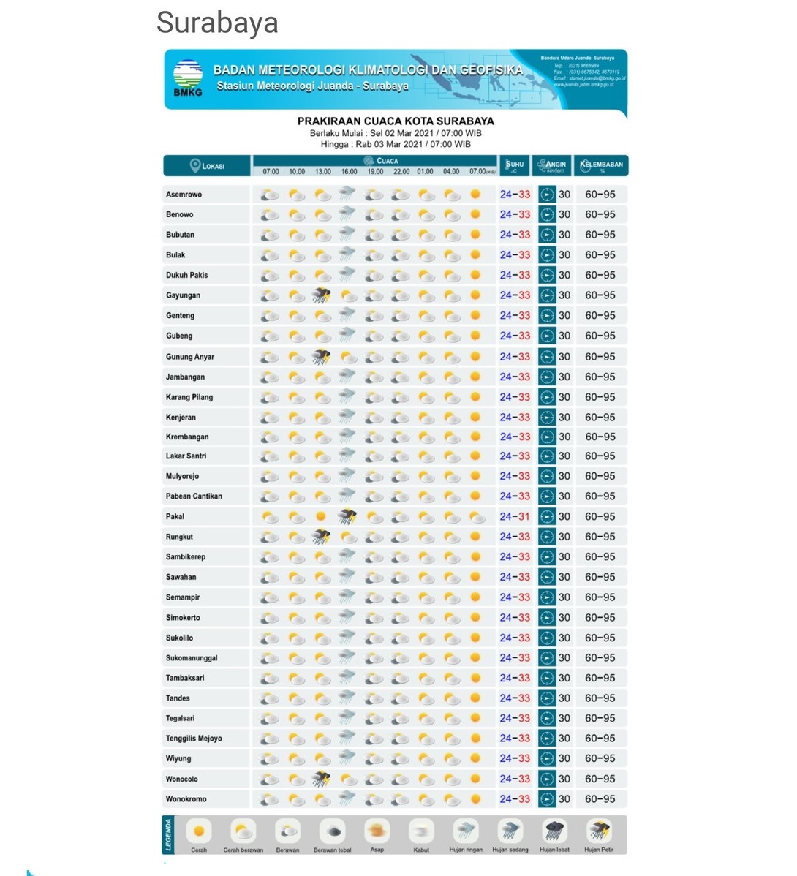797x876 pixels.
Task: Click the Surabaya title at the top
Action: click(217, 23)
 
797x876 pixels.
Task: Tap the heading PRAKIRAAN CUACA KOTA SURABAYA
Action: click(396, 121)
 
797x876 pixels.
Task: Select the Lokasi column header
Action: click(207, 166)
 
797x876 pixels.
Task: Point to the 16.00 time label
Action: click(349, 172)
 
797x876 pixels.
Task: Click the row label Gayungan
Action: click(183, 295)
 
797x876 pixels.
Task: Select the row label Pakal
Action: click(175, 516)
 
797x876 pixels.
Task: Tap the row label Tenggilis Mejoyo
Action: click(194, 739)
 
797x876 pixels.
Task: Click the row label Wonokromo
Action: click(186, 799)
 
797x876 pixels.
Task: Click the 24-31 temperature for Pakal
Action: click(515, 516)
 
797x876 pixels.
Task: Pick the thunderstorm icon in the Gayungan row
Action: click(321, 295)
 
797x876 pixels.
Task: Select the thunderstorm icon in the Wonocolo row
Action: click(321, 779)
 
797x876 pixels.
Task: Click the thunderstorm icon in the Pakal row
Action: click(347, 516)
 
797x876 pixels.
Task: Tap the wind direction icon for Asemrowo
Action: click(547, 195)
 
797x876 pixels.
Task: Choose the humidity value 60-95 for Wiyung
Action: click(600, 758)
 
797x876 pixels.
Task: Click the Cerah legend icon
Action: click(199, 831)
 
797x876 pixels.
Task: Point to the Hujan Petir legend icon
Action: click(599, 831)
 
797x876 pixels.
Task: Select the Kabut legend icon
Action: click(421, 831)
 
